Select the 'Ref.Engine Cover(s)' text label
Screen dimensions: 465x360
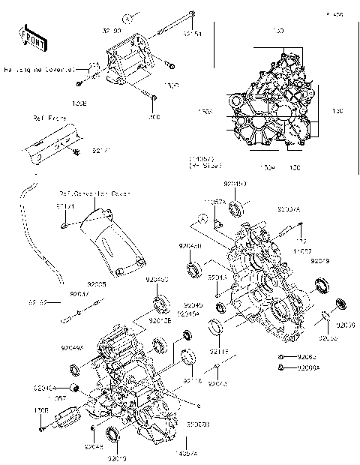tap(39, 70)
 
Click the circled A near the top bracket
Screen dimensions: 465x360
tap(129, 16)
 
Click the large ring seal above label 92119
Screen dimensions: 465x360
tap(217, 327)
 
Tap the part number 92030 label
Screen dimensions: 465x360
tap(346, 327)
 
